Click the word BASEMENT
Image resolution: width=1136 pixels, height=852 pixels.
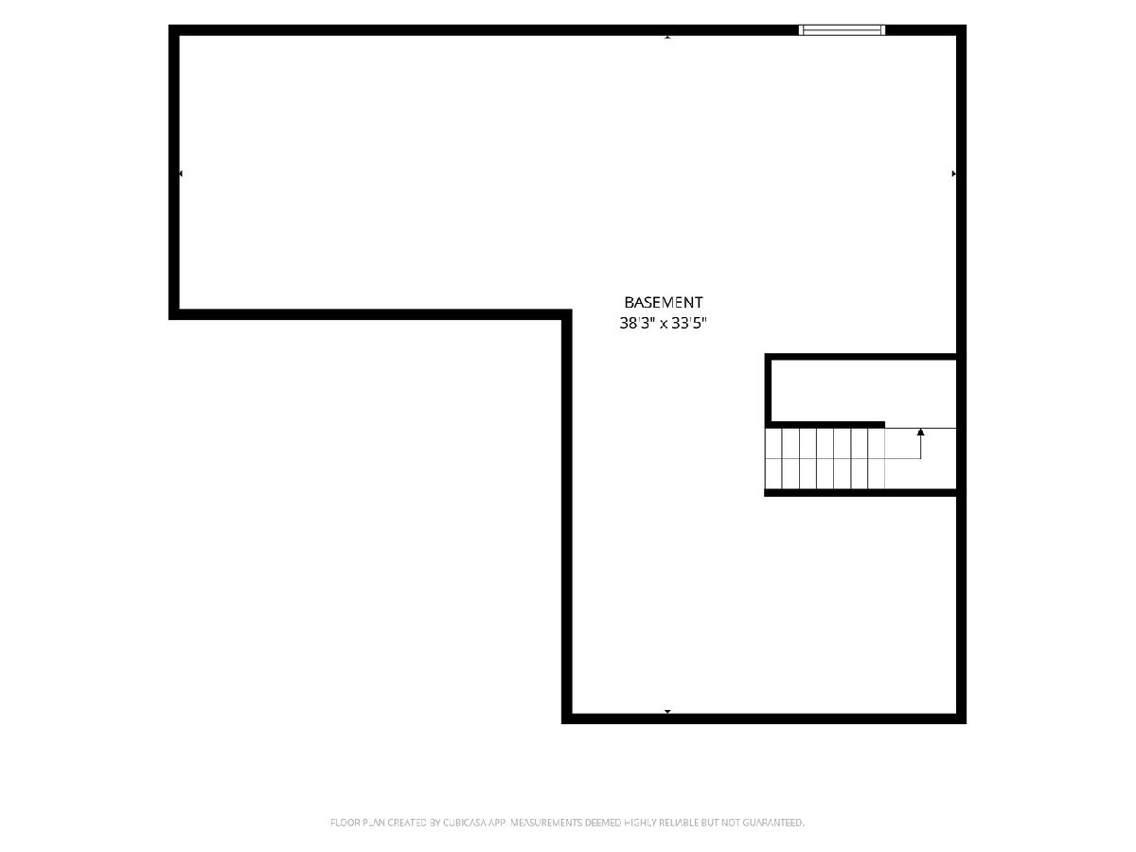click(663, 302)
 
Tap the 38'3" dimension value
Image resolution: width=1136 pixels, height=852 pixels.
click(637, 324)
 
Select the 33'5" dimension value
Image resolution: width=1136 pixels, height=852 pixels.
click(688, 324)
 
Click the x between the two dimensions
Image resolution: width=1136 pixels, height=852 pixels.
click(663, 325)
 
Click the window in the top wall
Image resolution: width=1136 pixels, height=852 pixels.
click(842, 30)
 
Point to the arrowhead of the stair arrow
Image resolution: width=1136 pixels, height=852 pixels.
click(920, 432)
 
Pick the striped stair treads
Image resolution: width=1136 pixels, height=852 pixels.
click(825, 458)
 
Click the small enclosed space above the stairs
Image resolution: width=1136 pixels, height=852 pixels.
click(863, 391)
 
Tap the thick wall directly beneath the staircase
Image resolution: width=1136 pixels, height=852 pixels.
click(861, 492)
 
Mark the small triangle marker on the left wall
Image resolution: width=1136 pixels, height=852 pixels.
click(181, 174)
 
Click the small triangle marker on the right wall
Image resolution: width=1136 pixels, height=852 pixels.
click(953, 174)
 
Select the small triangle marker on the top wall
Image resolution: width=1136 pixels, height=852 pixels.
click(667, 37)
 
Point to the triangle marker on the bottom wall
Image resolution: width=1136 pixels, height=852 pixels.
click(667, 712)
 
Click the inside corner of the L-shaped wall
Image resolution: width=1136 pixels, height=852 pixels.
click(562, 319)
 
